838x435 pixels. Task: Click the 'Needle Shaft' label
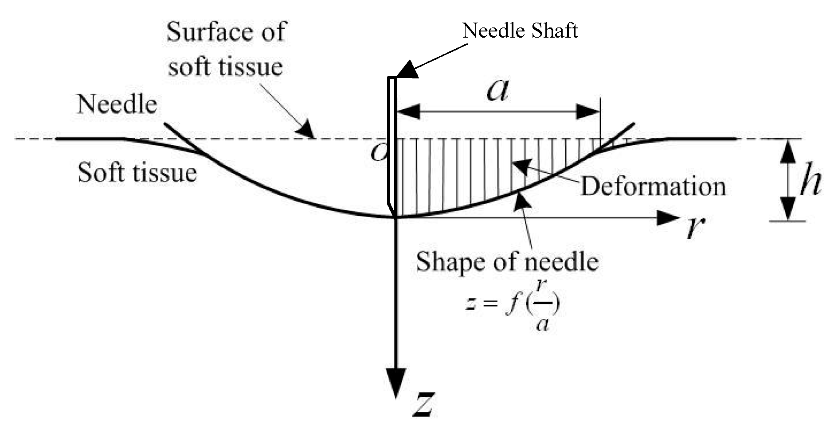pyautogui.click(x=520, y=31)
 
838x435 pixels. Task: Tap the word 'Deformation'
pyautogui.click(x=653, y=186)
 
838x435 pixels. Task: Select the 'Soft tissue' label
pyautogui.click(x=137, y=172)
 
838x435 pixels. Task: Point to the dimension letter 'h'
pyautogui.click(x=811, y=179)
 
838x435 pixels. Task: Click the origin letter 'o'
pyautogui.click(x=378, y=153)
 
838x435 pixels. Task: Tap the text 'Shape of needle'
pyautogui.click(x=507, y=261)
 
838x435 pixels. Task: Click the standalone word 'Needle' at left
pyautogui.click(x=117, y=105)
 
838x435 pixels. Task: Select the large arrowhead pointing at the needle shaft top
pyautogui.click(x=407, y=70)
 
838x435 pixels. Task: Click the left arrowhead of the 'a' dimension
pyautogui.click(x=408, y=112)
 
